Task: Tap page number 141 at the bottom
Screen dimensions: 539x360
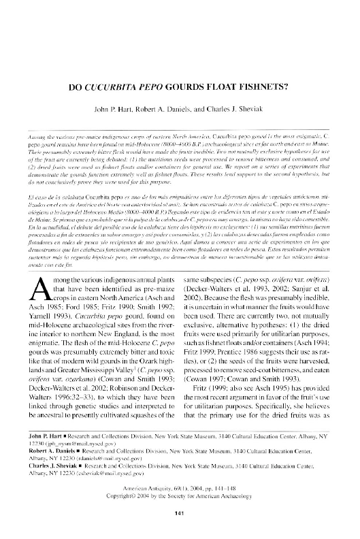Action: click(180, 513)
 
